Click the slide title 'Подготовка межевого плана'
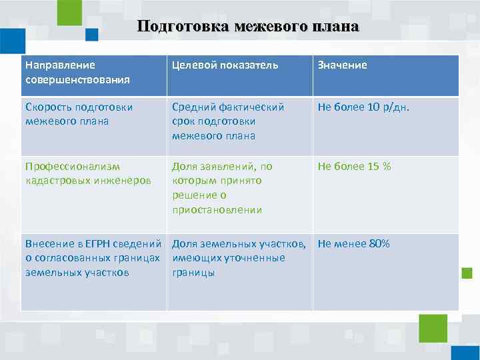248,27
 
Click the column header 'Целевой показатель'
225,65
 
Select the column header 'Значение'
342,65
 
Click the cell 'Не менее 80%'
353,243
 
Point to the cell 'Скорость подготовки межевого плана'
79,114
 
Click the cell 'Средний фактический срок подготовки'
227,121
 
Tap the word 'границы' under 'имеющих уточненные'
193,273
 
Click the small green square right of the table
467,273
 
